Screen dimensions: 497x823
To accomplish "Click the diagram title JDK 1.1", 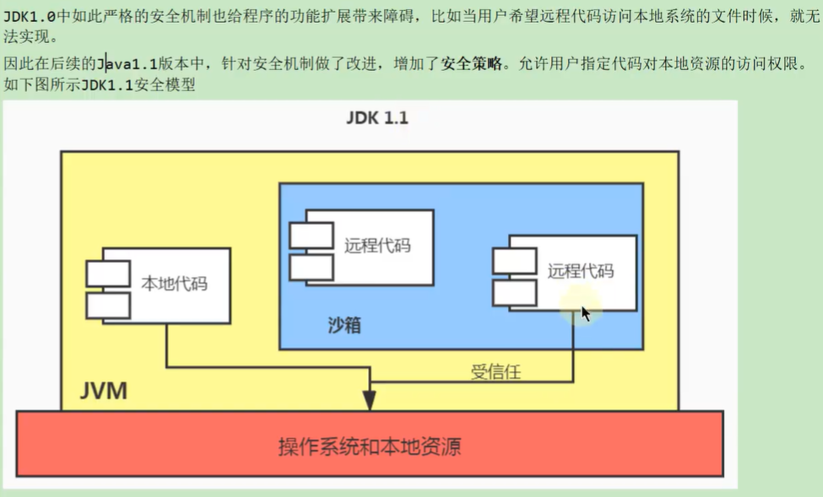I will (376, 118).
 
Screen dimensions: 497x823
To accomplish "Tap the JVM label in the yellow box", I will (104, 390).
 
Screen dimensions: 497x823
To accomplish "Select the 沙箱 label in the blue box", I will (344, 325).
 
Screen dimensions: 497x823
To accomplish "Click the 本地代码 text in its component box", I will (174, 283).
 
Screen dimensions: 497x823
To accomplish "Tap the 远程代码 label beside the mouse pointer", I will (580, 270).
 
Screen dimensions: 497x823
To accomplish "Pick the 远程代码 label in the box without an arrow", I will (377, 245).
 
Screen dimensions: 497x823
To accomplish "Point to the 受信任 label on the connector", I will (495, 371).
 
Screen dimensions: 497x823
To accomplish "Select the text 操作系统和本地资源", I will (370, 445).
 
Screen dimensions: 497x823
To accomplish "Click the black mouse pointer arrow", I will (586, 314).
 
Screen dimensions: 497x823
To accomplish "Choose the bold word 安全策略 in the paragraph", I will (471, 63).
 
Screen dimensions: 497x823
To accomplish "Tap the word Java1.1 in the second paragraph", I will (127, 63).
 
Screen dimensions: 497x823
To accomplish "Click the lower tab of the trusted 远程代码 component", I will (514, 292).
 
